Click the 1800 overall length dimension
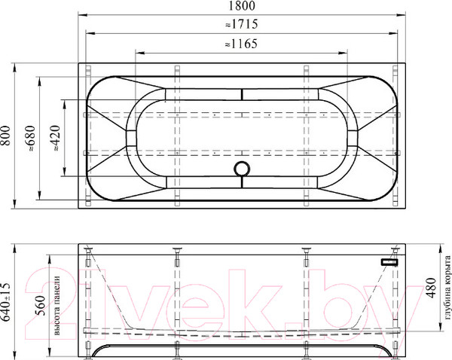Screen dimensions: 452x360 click(x=242, y=6)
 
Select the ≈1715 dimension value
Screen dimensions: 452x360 click(x=242, y=24)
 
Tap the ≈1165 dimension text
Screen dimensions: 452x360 click(x=241, y=44)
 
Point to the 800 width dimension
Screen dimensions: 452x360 click(x=6, y=136)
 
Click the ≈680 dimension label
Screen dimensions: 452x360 click(x=31, y=139)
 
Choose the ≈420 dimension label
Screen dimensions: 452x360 click(x=55, y=139)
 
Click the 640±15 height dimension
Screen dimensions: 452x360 click(x=6, y=302)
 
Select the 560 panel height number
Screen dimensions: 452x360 click(x=40, y=306)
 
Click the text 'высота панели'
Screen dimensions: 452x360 click(x=56, y=306)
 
